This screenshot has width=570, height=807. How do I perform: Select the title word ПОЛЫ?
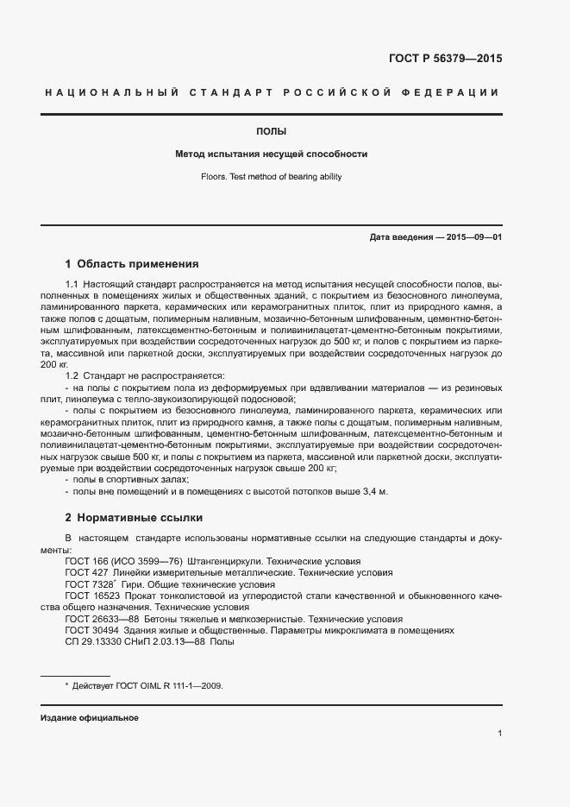coord(272,132)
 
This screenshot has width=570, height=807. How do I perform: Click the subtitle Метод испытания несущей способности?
coord(272,154)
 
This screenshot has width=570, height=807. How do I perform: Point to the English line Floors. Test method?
coord(272,176)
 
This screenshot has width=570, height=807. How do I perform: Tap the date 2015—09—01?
coord(473,236)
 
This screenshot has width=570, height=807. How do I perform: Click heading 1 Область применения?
coord(132,264)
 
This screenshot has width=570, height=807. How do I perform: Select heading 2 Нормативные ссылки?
coord(134,518)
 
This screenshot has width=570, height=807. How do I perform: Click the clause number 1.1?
coord(72,283)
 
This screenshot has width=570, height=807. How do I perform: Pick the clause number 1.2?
coord(72,375)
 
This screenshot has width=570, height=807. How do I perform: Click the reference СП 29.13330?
coord(89,641)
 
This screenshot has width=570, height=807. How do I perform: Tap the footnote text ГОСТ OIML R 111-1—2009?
coord(178,685)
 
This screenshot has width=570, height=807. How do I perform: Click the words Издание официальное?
coord(89,718)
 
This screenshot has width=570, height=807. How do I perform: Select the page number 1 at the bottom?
coord(499,734)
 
